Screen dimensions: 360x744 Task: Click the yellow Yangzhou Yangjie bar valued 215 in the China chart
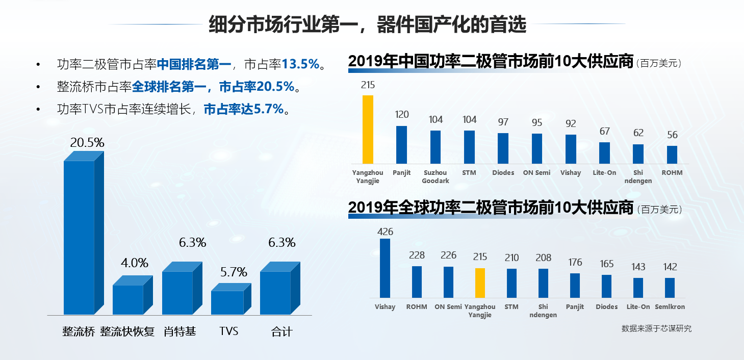coord(368,130)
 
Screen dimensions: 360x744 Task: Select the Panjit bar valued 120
coord(401,145)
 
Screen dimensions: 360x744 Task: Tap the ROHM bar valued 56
coord(672,155)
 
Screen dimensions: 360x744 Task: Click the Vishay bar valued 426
coord(385,268)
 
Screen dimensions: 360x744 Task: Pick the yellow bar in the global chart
coord(480,283)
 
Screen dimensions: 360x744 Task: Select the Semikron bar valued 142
coord(670,288)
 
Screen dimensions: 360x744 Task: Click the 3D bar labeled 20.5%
coord(80,237)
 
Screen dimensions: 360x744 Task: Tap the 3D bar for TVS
coord(227,302)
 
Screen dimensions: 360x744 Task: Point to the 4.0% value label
coord(135,263)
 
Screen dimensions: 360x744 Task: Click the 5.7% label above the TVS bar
coord(234,272)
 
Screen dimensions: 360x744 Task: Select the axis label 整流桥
coord(79,332)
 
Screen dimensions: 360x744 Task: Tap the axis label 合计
coord(281,332)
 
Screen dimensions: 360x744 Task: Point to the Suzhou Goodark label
coord(435,176)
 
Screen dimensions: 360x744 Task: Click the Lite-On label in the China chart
coord(604,173)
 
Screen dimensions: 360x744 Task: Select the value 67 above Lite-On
coord(604,132)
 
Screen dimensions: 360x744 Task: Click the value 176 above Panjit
coord(575,263)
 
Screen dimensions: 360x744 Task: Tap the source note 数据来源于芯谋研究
coord(656,329)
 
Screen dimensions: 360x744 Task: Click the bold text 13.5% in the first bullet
coord(300,64)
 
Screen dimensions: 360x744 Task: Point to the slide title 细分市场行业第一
coord(285,24)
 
